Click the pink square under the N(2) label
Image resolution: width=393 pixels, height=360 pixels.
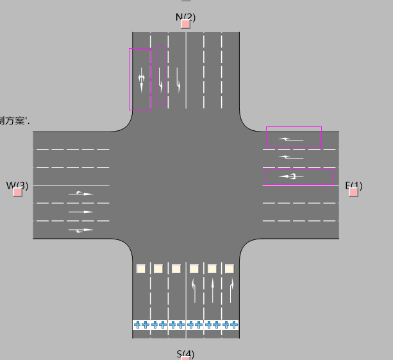click(185, 24)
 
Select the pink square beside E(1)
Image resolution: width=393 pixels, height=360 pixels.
click(353, 192)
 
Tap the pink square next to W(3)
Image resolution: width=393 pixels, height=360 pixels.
click(17, 192)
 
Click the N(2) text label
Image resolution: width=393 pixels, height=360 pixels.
click(185, 17)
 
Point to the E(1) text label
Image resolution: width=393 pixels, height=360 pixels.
click(354, 186)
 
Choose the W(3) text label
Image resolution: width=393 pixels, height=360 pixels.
click(17, 186)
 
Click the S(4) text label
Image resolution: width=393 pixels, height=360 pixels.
click(185, 354)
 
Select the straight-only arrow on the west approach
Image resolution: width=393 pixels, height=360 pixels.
click(81, 212)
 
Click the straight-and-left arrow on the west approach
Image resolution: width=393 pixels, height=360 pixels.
click(81, 193)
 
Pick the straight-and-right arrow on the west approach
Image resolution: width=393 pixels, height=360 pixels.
click(81, 230)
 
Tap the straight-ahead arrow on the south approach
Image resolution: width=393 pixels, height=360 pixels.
click(212, 290)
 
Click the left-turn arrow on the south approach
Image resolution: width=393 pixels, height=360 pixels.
click(194, 290)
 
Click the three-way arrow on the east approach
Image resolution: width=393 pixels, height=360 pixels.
click(292, 176)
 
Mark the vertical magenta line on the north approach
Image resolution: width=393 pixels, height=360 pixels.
click(151, 77)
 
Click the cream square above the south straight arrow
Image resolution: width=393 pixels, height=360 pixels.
click(212, 269)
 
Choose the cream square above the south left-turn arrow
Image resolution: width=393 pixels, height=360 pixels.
click(194, 269)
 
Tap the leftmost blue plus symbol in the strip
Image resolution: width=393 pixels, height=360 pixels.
click(137, 325)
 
